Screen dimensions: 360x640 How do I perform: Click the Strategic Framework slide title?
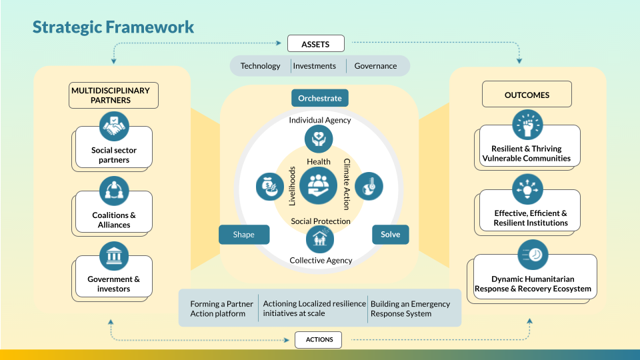click(x=113, y=27)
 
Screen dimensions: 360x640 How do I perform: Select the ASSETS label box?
click(x=316, y=44)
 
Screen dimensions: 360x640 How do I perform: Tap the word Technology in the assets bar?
click(x=260, y=66)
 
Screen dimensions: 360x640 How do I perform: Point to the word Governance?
click(x=375, y=66)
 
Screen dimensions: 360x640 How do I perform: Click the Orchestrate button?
click(x=320, y=98)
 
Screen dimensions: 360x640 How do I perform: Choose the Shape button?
click(x=244, y=235)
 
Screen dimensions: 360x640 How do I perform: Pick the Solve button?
click(x=390, y=235)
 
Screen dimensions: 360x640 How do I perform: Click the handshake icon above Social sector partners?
click(x=113, y=125)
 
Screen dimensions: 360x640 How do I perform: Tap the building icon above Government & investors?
click(x=113, y=256)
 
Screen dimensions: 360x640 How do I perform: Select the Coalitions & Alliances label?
click(x=114, y=220)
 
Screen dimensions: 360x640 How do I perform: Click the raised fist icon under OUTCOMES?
click(x=527, y=125)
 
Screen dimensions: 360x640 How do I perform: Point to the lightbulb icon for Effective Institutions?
click(x=527, y=189)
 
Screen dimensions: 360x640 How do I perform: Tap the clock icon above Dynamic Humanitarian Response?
click(x=532, y=255)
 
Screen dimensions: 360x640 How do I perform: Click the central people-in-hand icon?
click(x=319, y=185)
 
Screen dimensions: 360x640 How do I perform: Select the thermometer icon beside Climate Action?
click(x=367, y=186)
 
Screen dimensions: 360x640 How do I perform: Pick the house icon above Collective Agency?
click(x=320, y=239)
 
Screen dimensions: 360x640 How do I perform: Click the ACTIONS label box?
click(x=319, y=339)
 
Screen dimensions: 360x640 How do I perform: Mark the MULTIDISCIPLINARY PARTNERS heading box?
click(x=114, y=95)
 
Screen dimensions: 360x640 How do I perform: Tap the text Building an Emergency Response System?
click(x=410, y=308)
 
